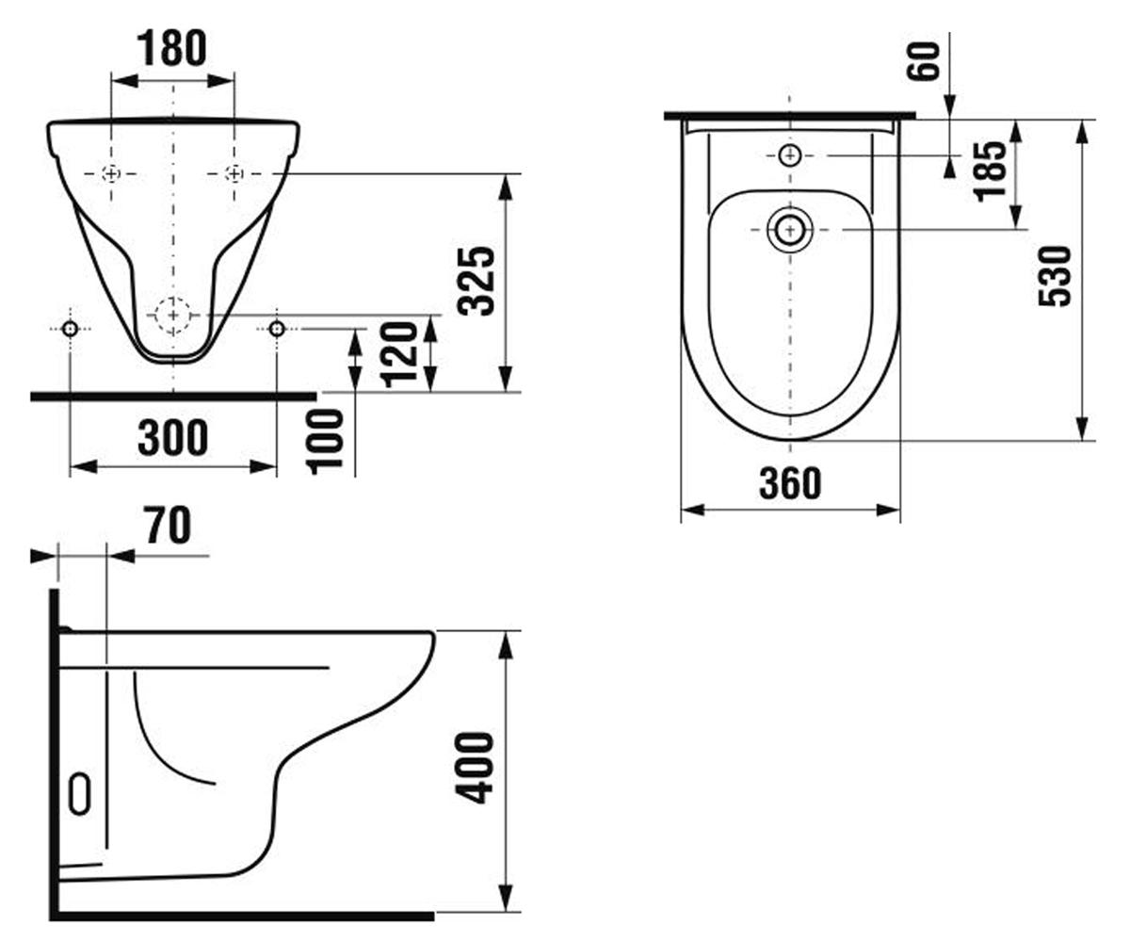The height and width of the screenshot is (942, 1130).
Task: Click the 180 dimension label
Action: click(171, 48)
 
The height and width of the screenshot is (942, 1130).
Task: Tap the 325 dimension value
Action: click(476, 281)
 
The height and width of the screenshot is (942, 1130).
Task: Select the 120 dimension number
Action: click(400, 354)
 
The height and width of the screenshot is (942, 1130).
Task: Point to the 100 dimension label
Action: click(325, 442)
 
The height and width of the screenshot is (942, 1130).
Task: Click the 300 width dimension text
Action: click(172, 437)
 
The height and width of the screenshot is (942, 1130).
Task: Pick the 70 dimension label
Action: click(169, 525)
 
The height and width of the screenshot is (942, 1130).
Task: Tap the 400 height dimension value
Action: click(475, 769)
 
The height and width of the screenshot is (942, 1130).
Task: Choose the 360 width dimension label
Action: click(790, 483)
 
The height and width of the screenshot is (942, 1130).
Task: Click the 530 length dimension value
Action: click(1055, 277)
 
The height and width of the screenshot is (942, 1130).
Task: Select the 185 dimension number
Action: click(991, 171)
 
